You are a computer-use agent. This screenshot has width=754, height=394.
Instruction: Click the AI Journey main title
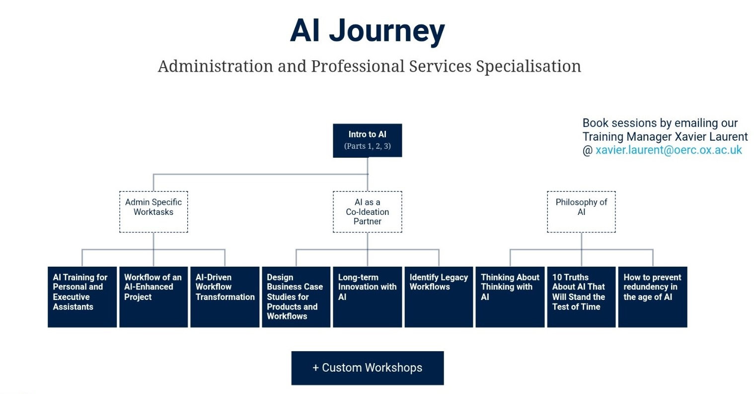367,31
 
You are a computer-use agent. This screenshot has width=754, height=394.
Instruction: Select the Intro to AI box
367,140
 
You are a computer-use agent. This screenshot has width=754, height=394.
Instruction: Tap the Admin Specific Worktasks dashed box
153,211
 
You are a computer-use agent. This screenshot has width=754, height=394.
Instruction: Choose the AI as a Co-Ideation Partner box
367,211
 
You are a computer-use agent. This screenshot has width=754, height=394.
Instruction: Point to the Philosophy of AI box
581,211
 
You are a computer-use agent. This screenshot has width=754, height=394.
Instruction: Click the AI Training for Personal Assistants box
82,297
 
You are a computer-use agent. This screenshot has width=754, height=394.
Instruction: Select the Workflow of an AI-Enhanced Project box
153,297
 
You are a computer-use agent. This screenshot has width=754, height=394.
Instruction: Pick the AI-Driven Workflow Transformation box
225,297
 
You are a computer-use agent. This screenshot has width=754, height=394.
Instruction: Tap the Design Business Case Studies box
296,297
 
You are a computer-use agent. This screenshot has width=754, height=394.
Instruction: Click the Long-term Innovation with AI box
367,297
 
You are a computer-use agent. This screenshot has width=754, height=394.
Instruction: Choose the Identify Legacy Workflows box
439,297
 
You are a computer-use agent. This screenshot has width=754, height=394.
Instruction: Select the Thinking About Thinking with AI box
510,297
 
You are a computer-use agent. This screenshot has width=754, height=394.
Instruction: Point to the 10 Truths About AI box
581,297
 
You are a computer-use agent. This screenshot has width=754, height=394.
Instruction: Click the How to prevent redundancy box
653,297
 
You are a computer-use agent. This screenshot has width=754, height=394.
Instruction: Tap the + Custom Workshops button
367,368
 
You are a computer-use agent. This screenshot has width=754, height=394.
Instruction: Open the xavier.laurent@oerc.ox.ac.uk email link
669,150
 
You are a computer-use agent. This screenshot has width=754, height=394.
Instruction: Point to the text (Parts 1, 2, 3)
367,146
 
